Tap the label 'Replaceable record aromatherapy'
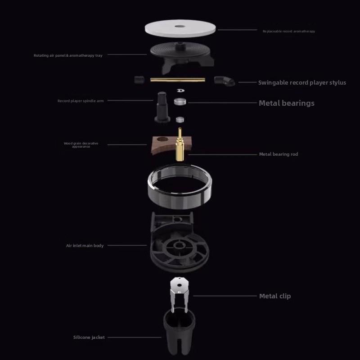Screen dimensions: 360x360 point(289,31)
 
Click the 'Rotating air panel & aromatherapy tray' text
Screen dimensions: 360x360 point(68,55)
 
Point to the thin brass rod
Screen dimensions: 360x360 point(177,80)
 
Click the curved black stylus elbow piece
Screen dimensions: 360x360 point(224,81)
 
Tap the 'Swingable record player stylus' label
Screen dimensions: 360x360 point(302,83)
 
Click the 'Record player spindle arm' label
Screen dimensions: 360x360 point(81,101)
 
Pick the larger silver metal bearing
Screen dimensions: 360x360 point(180,101)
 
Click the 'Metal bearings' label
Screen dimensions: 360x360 point(286,103)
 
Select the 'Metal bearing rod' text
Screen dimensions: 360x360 point(278,154)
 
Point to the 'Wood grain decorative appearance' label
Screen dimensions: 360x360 point(81,145)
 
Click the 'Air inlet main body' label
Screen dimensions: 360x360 point(85,246)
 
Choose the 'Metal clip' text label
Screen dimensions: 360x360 point(274,296)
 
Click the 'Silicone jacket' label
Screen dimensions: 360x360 point(89,337)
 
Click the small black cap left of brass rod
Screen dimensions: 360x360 point(139,79)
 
